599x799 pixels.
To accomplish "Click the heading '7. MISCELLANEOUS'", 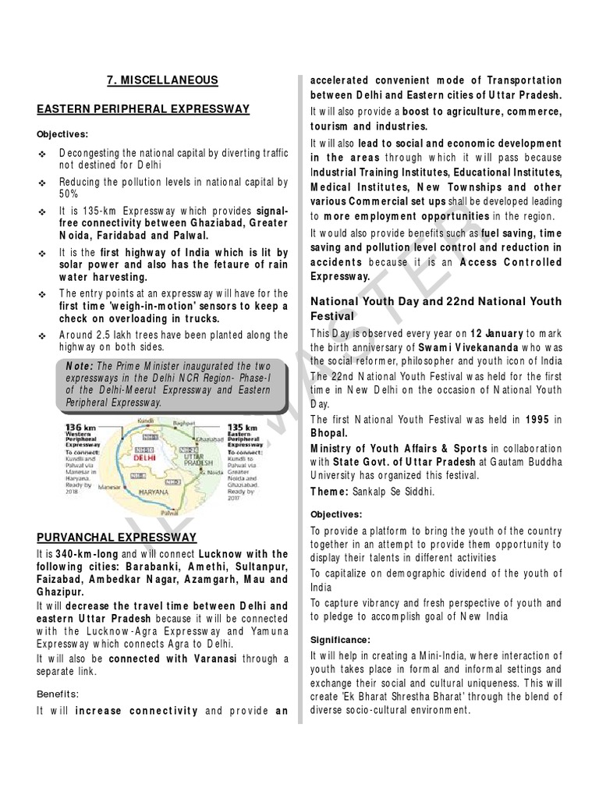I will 161,80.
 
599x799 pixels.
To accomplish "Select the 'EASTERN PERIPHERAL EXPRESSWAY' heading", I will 143,108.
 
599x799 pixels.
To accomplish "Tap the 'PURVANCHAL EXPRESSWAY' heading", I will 116,537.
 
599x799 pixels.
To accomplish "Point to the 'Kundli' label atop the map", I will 147,421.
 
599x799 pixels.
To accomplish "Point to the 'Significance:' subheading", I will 341,640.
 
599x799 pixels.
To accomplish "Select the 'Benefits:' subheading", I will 58,692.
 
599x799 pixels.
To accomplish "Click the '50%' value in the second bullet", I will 69,194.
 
